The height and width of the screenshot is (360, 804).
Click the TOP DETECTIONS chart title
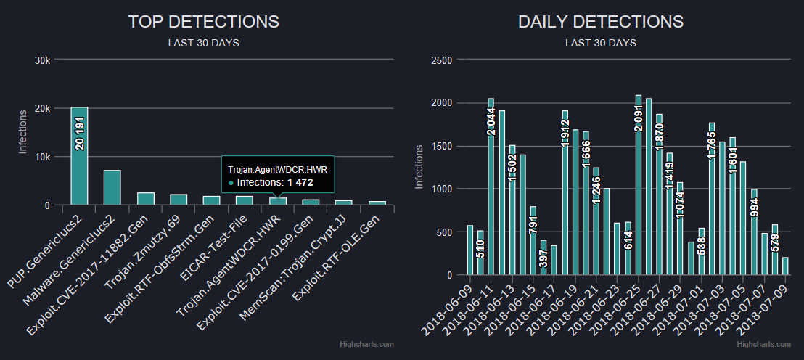click(x=203, y=22)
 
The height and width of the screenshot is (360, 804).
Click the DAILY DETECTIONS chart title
click(x=601, y=22)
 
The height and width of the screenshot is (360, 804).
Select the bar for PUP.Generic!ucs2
click(x=79, y=156)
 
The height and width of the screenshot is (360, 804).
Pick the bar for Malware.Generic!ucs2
click(x=112, y=187)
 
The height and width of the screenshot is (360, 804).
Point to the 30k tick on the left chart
click(x=43, y=60)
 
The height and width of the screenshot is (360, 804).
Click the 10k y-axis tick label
click(x=43, y=157)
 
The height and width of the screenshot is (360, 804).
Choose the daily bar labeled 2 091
click(x=639, y=185)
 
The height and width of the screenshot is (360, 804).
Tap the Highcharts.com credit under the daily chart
click(x=771, y=344)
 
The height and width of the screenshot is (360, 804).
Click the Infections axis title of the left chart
click(x=22, y=132)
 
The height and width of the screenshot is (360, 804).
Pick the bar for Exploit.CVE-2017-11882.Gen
click(x=145, y=198)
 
